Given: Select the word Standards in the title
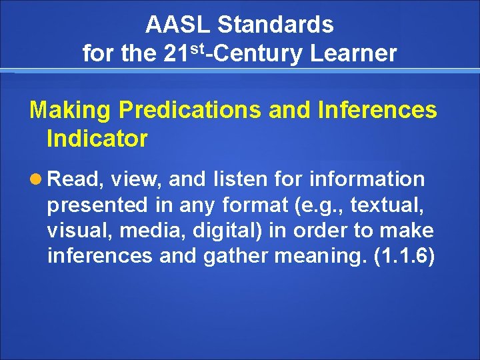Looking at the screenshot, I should [x=275, y=25].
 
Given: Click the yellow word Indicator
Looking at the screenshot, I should [x=97, y=139].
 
